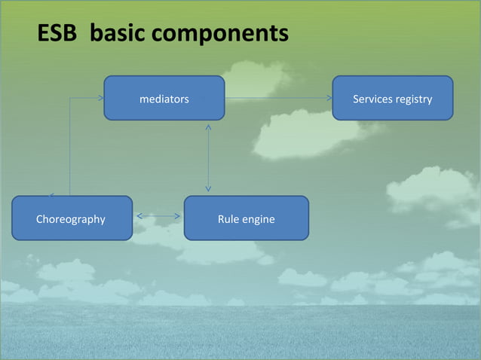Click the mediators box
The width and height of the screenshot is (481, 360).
(x=164, y=98)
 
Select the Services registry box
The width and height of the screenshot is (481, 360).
(x=392, y=98)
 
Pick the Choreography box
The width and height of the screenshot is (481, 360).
(x=72, y=218)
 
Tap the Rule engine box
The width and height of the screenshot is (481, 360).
(x=246, y=218)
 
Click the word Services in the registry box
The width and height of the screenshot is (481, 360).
(x=374, y=99)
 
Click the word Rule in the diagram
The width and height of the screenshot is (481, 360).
(x=228, y=219)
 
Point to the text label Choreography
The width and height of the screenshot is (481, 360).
(x=71, y=219)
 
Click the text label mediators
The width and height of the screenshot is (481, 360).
(x=164, y=99)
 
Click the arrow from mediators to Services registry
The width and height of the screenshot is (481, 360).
(x=279, y=98)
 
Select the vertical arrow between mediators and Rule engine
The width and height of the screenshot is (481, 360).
(x=208, y=157)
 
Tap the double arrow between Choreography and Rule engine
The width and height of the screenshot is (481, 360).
(x=158, y=217)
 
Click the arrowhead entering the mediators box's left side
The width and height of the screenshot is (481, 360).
(x=100, y=98)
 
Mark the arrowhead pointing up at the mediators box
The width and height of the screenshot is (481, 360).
(x=208, y=126)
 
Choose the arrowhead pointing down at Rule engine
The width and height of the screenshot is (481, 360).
(x=208, y=190)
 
